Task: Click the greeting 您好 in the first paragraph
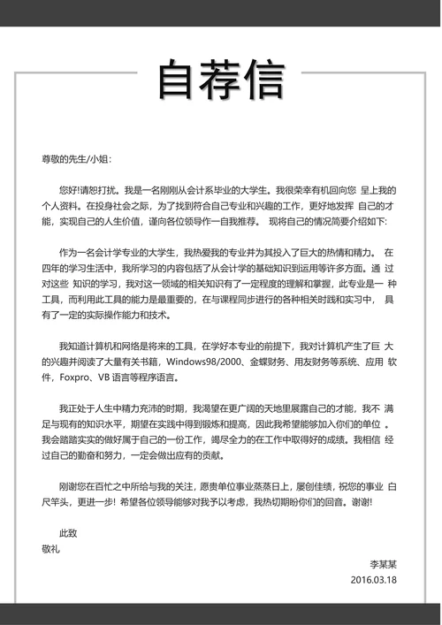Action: click(x=68, y=190)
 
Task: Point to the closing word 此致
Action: click(x=68, y=533)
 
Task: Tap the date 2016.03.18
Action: click(x=374, y=579)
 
